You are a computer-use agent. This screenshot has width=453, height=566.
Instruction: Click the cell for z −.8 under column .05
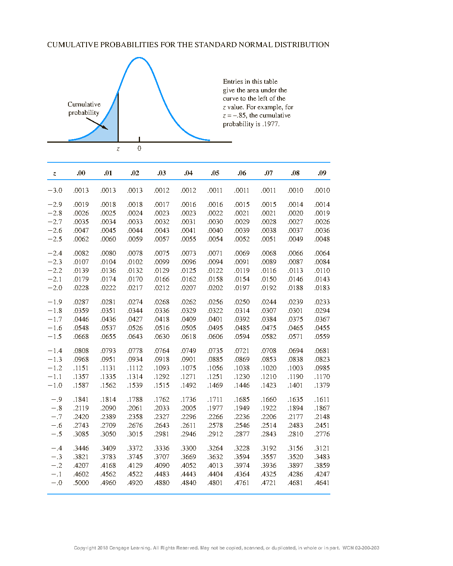tap(215, 408)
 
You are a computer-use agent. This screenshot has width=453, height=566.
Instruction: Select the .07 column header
tap(269, 173)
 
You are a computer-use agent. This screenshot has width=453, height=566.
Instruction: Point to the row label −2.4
tap(55, 253)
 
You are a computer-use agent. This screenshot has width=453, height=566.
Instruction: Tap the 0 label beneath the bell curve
tap(139, 149)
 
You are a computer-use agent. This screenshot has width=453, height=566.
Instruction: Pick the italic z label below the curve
tap(118, 149)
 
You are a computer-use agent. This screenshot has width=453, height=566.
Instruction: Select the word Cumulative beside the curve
tap(84, 104)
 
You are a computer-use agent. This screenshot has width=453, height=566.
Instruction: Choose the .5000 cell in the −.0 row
tap(81, 483)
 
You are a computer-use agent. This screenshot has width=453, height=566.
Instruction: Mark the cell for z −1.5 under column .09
tap(322, 336)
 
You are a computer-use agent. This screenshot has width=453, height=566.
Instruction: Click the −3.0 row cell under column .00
tap(81, 190)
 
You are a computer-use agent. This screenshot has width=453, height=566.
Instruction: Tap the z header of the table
tap(54, 173)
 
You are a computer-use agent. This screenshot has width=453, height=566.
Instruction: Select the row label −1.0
tap(55, 385)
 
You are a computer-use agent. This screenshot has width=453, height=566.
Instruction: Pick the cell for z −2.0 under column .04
tap(188, 288)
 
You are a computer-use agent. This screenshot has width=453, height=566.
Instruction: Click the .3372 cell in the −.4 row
tap(135, 448)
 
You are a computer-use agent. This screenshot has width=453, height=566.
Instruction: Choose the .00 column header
tap(81, 173)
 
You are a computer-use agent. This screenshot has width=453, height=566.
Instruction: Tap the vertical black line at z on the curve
tap(118, 118)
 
